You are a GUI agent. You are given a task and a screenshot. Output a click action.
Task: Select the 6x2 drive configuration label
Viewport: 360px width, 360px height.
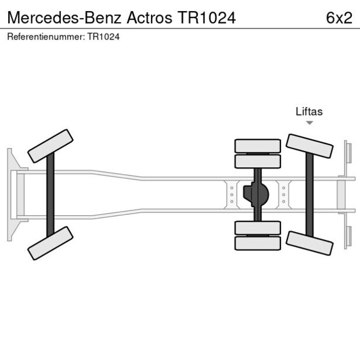tap(339, 17)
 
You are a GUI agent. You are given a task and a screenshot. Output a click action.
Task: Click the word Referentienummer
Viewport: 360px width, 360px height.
tap(45, 37)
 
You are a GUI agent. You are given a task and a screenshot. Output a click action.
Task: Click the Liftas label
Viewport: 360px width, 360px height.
tap(309, 112)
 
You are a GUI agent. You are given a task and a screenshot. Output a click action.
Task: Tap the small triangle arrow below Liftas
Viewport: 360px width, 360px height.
tap(309, 123)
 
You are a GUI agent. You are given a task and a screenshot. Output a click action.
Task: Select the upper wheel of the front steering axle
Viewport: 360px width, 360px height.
tap(51, 146)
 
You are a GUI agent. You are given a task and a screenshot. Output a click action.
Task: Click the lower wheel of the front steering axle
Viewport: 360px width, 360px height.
tap(51, 243)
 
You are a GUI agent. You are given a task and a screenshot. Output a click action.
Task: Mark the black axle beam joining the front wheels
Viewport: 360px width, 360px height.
tap(51, 195)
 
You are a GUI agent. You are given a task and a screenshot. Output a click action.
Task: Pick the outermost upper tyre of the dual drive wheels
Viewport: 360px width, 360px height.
tap(257, 145)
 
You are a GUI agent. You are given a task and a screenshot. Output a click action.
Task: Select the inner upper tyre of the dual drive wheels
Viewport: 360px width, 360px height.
tap(257, 161)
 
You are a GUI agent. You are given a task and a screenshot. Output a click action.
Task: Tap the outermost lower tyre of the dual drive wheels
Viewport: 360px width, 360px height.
tap(257, 243)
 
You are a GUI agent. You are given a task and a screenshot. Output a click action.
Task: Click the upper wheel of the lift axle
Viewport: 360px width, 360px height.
tap(309, 146)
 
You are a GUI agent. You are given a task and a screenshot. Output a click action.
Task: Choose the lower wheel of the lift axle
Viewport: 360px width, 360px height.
tap(309, 243)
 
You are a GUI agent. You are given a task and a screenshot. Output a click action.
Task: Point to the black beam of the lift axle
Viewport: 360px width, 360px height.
tap(309, 195)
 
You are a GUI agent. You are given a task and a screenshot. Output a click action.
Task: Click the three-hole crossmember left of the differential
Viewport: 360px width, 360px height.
tap(232, 195)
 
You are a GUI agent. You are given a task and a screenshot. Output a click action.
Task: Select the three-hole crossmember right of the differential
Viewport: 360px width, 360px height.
tap(283, 195)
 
